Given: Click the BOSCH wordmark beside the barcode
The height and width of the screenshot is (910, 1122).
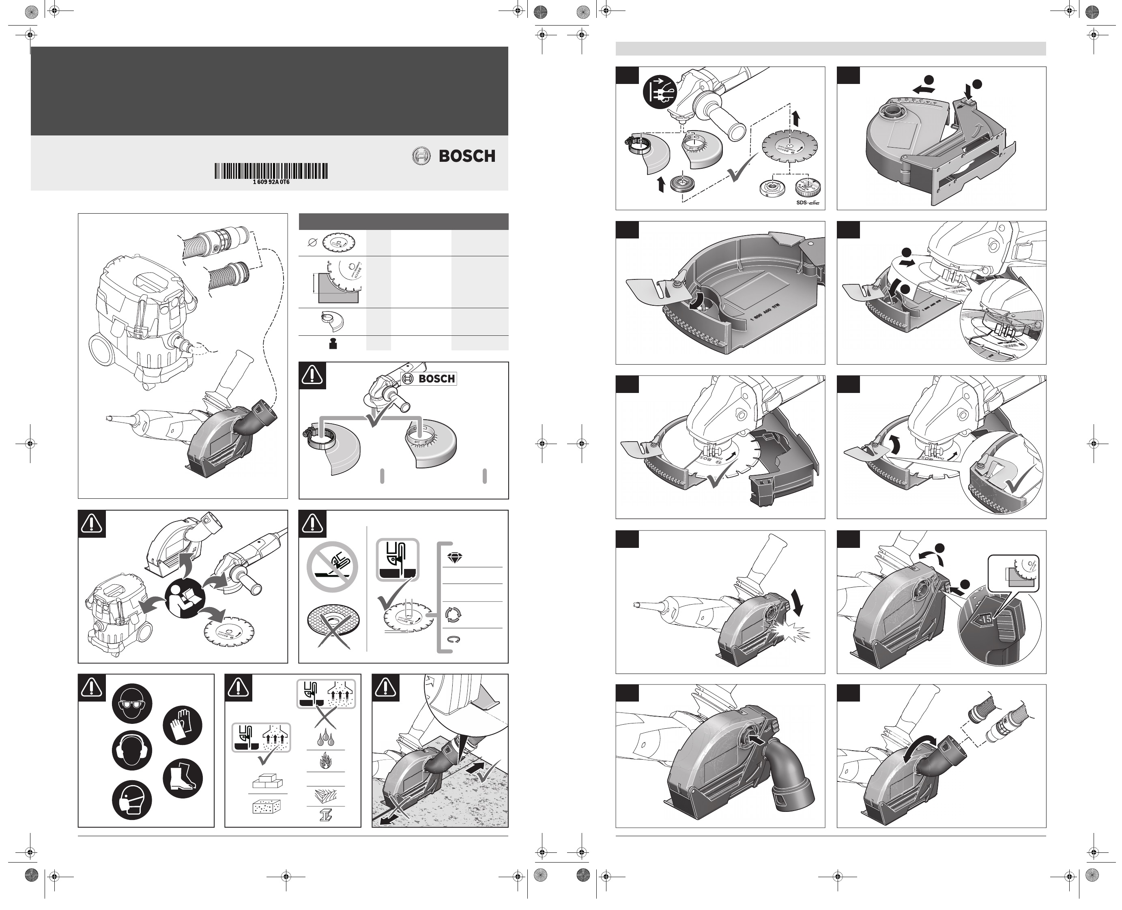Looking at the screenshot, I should pos(466,156).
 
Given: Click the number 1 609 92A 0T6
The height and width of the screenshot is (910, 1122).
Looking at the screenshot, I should pos(271,182).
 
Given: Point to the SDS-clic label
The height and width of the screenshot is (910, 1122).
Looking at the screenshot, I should pos(807,202).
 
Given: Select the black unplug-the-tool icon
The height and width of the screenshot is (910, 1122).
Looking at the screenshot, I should pos(660,91).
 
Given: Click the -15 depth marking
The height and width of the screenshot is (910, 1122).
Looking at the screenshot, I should pos(985,619).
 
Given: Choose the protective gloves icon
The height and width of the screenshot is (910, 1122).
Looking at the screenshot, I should pos(183,725).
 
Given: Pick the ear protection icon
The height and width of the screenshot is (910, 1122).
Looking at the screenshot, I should pos(132,750).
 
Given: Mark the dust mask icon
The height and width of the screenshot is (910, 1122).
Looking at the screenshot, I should pos(132,801).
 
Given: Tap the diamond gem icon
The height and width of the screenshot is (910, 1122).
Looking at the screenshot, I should pos(453,558).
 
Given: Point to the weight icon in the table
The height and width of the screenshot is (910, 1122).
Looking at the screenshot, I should pos(332,344).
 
